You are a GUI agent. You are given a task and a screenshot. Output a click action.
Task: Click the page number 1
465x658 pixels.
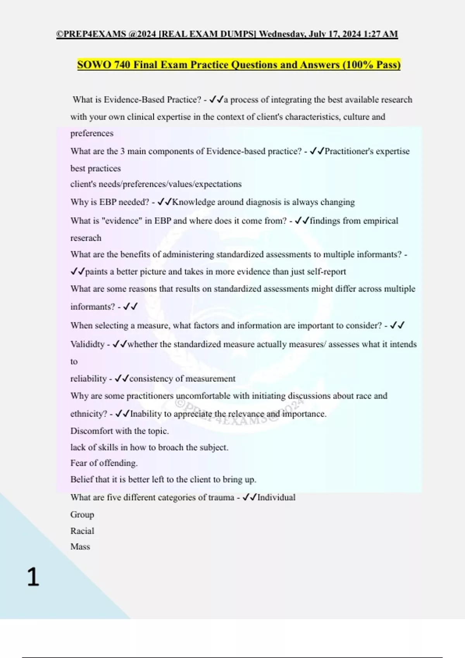(33, 577)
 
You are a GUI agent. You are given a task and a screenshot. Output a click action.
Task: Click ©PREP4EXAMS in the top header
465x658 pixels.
(91, 34)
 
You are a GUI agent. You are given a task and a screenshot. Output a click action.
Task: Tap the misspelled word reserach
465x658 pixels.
(86, 238)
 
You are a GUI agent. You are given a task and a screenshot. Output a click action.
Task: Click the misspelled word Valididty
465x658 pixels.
(88, 344)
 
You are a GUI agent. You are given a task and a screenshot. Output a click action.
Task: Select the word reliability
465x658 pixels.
(88, 379)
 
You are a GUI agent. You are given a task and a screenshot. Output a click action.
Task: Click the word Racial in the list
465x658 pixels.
(82, 531)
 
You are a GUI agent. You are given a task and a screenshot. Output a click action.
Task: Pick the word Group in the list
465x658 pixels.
(82, 515)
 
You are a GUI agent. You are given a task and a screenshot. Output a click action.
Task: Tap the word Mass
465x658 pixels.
(80, 547)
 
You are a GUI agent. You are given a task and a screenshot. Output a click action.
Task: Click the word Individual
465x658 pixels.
(276, 497)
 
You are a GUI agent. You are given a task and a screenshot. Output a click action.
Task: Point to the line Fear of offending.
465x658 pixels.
(104, 463)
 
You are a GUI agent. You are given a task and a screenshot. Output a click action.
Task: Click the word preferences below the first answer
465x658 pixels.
(92, 134)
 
